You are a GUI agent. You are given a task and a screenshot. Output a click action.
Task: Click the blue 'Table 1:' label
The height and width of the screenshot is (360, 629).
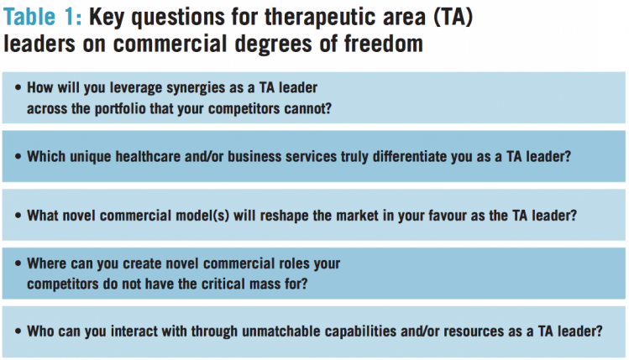[42, 17]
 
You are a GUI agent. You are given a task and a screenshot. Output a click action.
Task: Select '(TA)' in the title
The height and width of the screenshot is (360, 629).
[453, 18]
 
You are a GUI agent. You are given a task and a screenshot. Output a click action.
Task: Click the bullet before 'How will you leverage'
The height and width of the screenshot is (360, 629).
[18, 87]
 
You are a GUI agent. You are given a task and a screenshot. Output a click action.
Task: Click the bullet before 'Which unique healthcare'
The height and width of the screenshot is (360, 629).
[18, 156]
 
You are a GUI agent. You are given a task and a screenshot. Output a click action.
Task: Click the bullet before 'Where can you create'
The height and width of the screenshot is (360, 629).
[18, 263]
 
